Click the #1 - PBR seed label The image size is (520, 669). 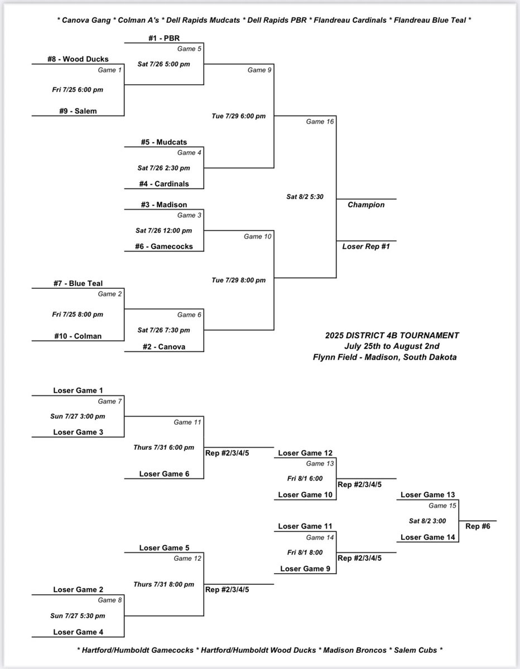[164, 38]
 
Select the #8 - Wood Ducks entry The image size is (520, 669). [78, 59]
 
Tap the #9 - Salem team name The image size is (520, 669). [78, 110]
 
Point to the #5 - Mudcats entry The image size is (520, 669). [164, 142]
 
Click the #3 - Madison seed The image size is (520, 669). [164, 204]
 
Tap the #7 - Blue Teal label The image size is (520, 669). [78, 284]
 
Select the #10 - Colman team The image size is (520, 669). [78, 336]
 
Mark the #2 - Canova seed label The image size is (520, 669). [164, 347]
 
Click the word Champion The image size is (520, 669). [366, 205]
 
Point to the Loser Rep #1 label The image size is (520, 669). [366, 245]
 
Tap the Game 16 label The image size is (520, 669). [320, 122]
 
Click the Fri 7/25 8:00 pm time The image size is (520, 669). [78, 314]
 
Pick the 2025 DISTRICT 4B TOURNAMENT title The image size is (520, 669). [392, 336]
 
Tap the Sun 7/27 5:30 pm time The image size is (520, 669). [78, 615]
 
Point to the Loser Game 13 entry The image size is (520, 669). [427, 495]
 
